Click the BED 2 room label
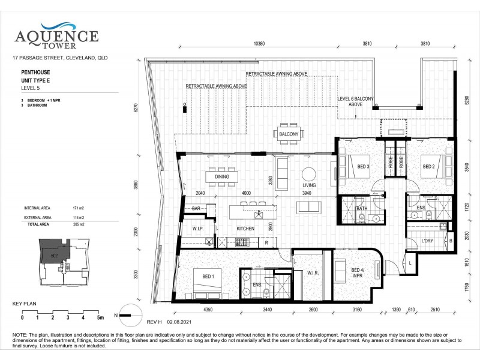click(x=428, y=166)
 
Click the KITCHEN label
click(x=245, y=229)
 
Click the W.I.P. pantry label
click(x=199, y=229)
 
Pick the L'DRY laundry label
click(x=427, y=241)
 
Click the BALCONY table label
click(x=289, y=134)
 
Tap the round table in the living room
click(x=308, y=174)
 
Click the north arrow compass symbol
click(x=127, y=312)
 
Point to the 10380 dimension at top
click(x=259, y=44)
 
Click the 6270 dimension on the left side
click(x=136, y=108)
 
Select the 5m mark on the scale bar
click(x=100, y=317)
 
